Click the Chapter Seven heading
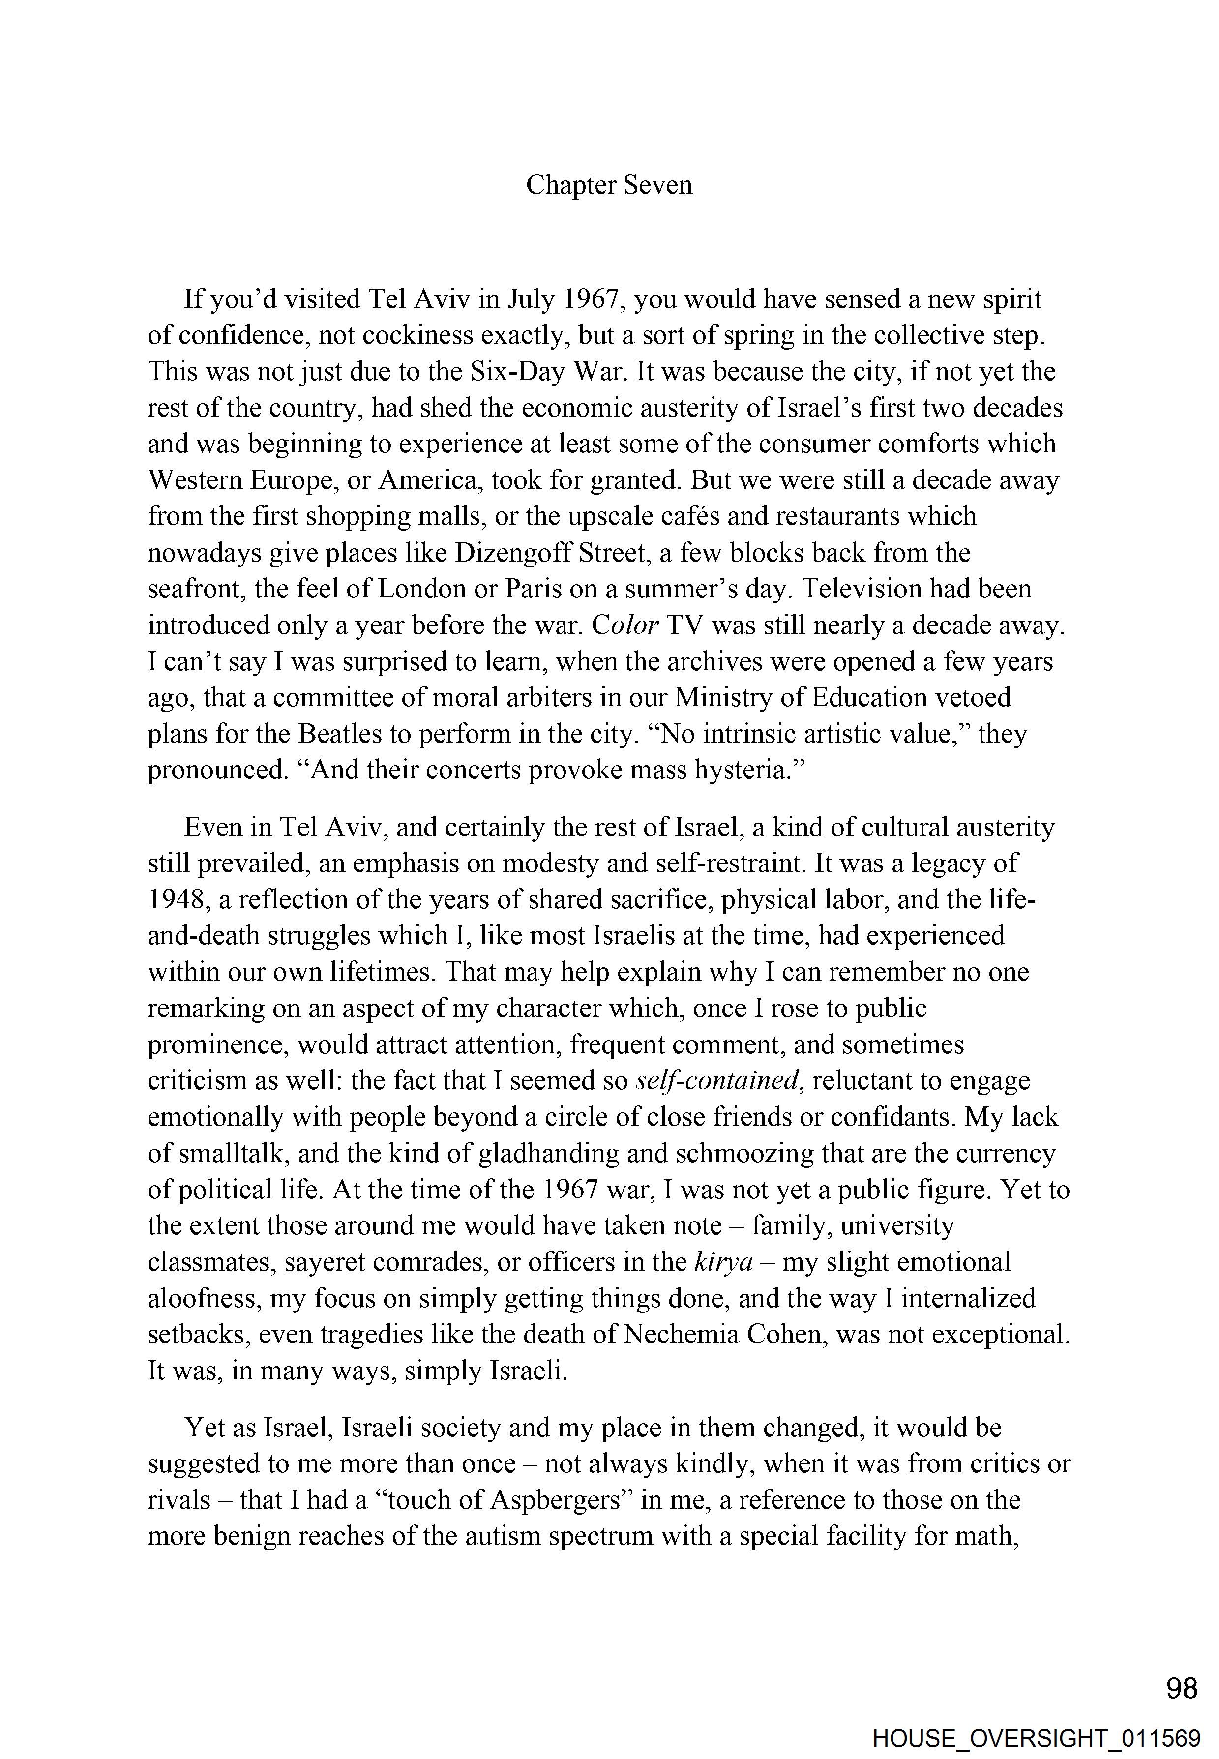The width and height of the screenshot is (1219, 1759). point(609,185)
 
